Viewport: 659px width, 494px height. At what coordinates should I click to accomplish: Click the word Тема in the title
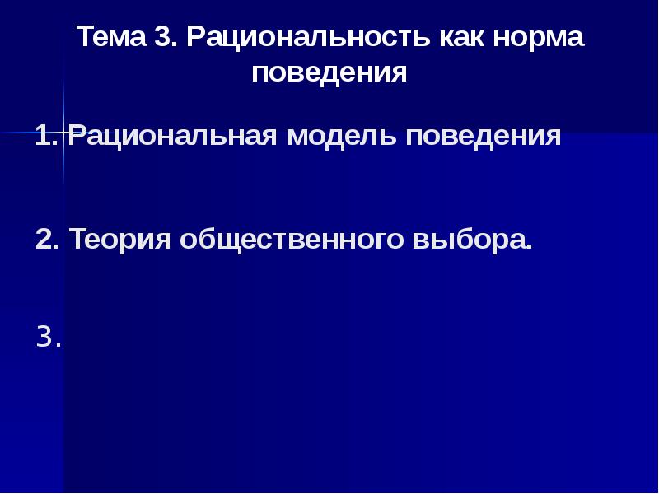point(112,36)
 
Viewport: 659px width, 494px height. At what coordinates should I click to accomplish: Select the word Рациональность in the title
point(309,37)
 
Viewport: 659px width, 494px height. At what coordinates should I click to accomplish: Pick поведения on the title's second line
point(329,72)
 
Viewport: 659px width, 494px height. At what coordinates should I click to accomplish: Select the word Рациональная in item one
point(173,137)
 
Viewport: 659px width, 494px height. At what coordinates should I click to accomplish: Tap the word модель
point(342,136)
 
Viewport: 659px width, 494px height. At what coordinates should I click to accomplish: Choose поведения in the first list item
point(484,136)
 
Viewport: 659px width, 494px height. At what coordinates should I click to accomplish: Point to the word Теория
point(120,240)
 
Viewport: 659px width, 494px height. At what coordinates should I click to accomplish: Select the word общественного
point(292,240)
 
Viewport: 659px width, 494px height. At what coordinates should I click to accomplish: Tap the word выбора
point(469,240)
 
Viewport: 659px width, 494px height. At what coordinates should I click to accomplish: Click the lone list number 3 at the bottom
point(45,337)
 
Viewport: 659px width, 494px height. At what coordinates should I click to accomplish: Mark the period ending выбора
point(529,247)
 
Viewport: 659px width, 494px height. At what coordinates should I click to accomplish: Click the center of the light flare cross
point(64,133)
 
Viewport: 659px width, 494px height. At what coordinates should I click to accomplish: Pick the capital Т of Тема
point(86,36)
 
